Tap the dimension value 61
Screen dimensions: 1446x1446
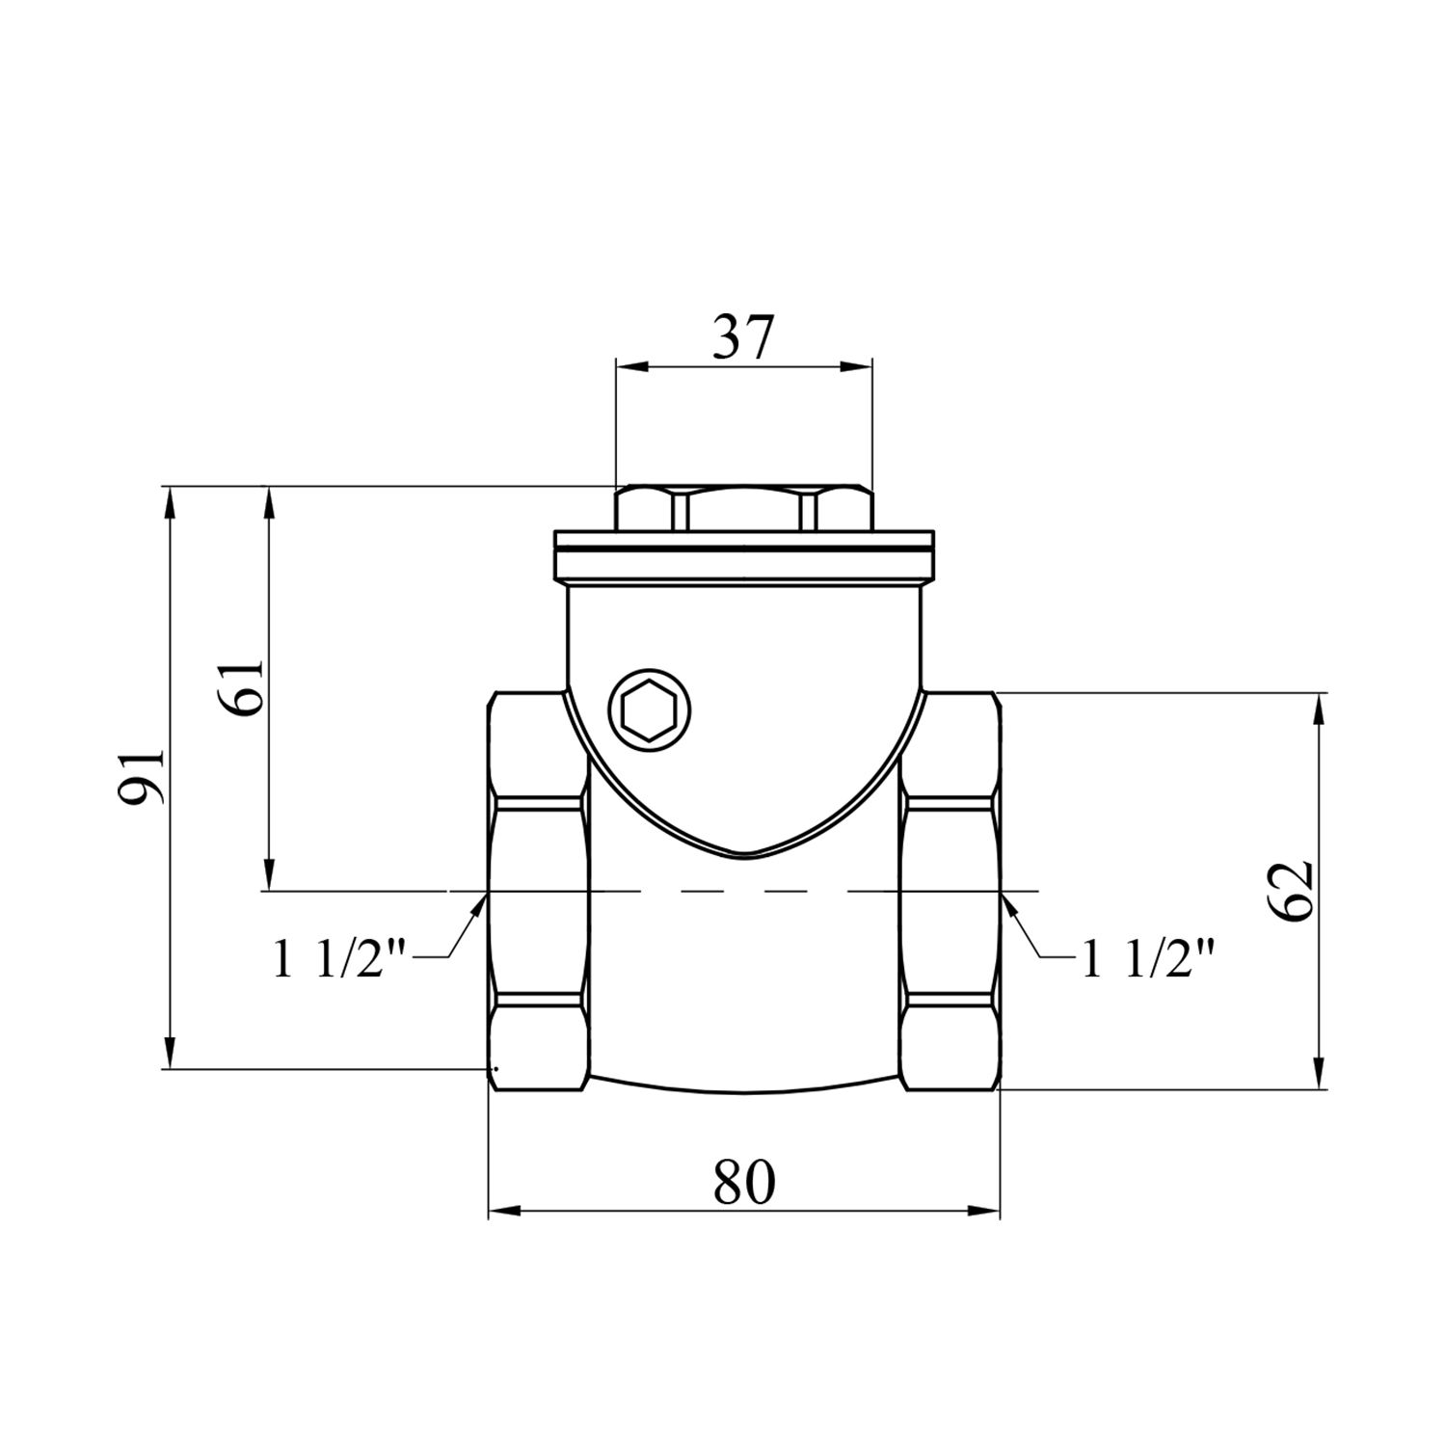coord(244,688)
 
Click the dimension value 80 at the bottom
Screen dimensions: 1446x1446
coord(743,1182)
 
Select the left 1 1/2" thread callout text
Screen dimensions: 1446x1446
coord(342,961)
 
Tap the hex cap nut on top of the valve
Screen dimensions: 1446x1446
coord(743,509)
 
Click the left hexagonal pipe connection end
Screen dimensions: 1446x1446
coord(538,892)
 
